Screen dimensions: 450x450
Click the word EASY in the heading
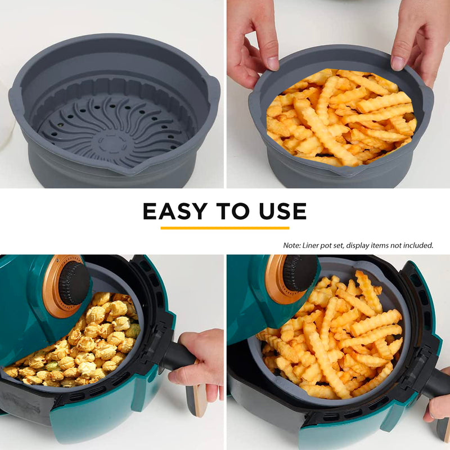click(175, 211)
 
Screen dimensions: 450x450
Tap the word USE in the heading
click(282, 211)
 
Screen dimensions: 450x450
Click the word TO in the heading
click(233, 211)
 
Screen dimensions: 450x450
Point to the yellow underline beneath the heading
click(224, 228)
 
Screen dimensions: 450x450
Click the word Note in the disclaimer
click(291, 245)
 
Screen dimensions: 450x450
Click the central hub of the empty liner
click(112, 143)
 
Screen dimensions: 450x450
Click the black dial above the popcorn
click(74, 283)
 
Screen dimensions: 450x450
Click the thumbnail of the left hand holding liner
click(272, 64)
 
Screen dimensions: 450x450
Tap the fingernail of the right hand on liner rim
click(398, 63)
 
